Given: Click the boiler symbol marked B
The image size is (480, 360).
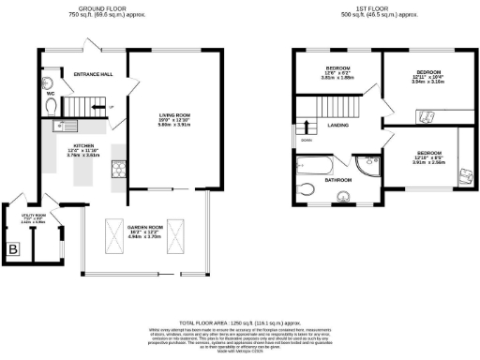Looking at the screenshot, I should (13, 249).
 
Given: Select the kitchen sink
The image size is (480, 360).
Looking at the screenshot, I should (67, 125).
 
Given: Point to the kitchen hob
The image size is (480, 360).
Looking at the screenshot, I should (119, 169).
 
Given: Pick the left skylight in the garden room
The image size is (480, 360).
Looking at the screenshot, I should (112, 232).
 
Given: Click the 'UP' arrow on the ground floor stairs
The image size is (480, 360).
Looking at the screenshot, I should (112, 107).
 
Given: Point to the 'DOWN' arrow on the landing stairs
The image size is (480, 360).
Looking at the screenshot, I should (307, 141).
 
